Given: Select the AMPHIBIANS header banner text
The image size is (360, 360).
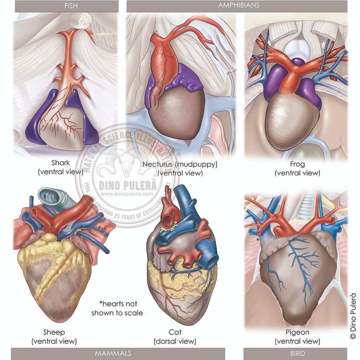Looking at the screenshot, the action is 239,5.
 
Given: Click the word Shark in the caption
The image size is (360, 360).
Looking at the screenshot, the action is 60,163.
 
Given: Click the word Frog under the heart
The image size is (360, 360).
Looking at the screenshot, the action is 297,164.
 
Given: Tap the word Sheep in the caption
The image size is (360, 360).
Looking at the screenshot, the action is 54,332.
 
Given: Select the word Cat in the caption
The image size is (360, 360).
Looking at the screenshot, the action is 175,332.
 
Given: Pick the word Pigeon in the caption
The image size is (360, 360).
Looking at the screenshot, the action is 297,332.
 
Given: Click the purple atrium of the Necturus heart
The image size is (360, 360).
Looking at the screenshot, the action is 188,78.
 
